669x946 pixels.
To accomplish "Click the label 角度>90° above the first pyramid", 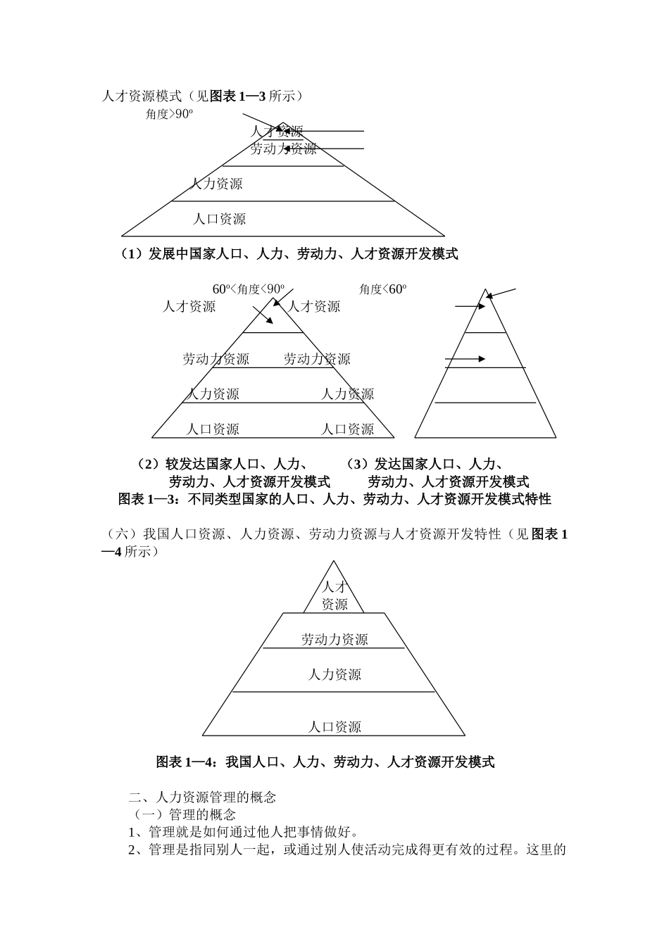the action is tap(169, 114).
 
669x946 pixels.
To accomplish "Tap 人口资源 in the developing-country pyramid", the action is tap(220, 219).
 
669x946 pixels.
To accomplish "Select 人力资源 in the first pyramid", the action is tap(216, 184).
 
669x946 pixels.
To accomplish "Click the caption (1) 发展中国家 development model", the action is tap(289, 254).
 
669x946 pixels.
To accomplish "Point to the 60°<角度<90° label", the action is tap(249, 289).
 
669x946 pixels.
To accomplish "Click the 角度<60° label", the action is tap(382, 289).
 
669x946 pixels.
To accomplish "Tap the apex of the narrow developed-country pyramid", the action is tap(485, 290).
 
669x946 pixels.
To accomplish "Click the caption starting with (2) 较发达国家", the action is tap(232, 473).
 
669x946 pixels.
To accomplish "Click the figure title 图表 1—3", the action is tap(334, 499).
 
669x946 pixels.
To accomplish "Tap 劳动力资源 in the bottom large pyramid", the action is tap(334, 639).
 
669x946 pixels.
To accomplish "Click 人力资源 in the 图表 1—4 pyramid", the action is tap(334, 674).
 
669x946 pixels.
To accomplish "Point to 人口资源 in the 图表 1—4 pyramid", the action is tap(334, 727).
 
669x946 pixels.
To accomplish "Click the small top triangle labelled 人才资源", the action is tap(334, 595).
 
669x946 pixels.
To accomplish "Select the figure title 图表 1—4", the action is tap(325, 762).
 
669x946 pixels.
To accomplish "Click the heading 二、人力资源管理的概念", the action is tap(202, 797).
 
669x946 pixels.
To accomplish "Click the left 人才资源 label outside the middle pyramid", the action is tap(189, 306).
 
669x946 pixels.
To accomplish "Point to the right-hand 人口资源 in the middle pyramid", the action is tap(348, 429).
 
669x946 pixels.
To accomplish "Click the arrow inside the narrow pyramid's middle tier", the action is tap(466, 359).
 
